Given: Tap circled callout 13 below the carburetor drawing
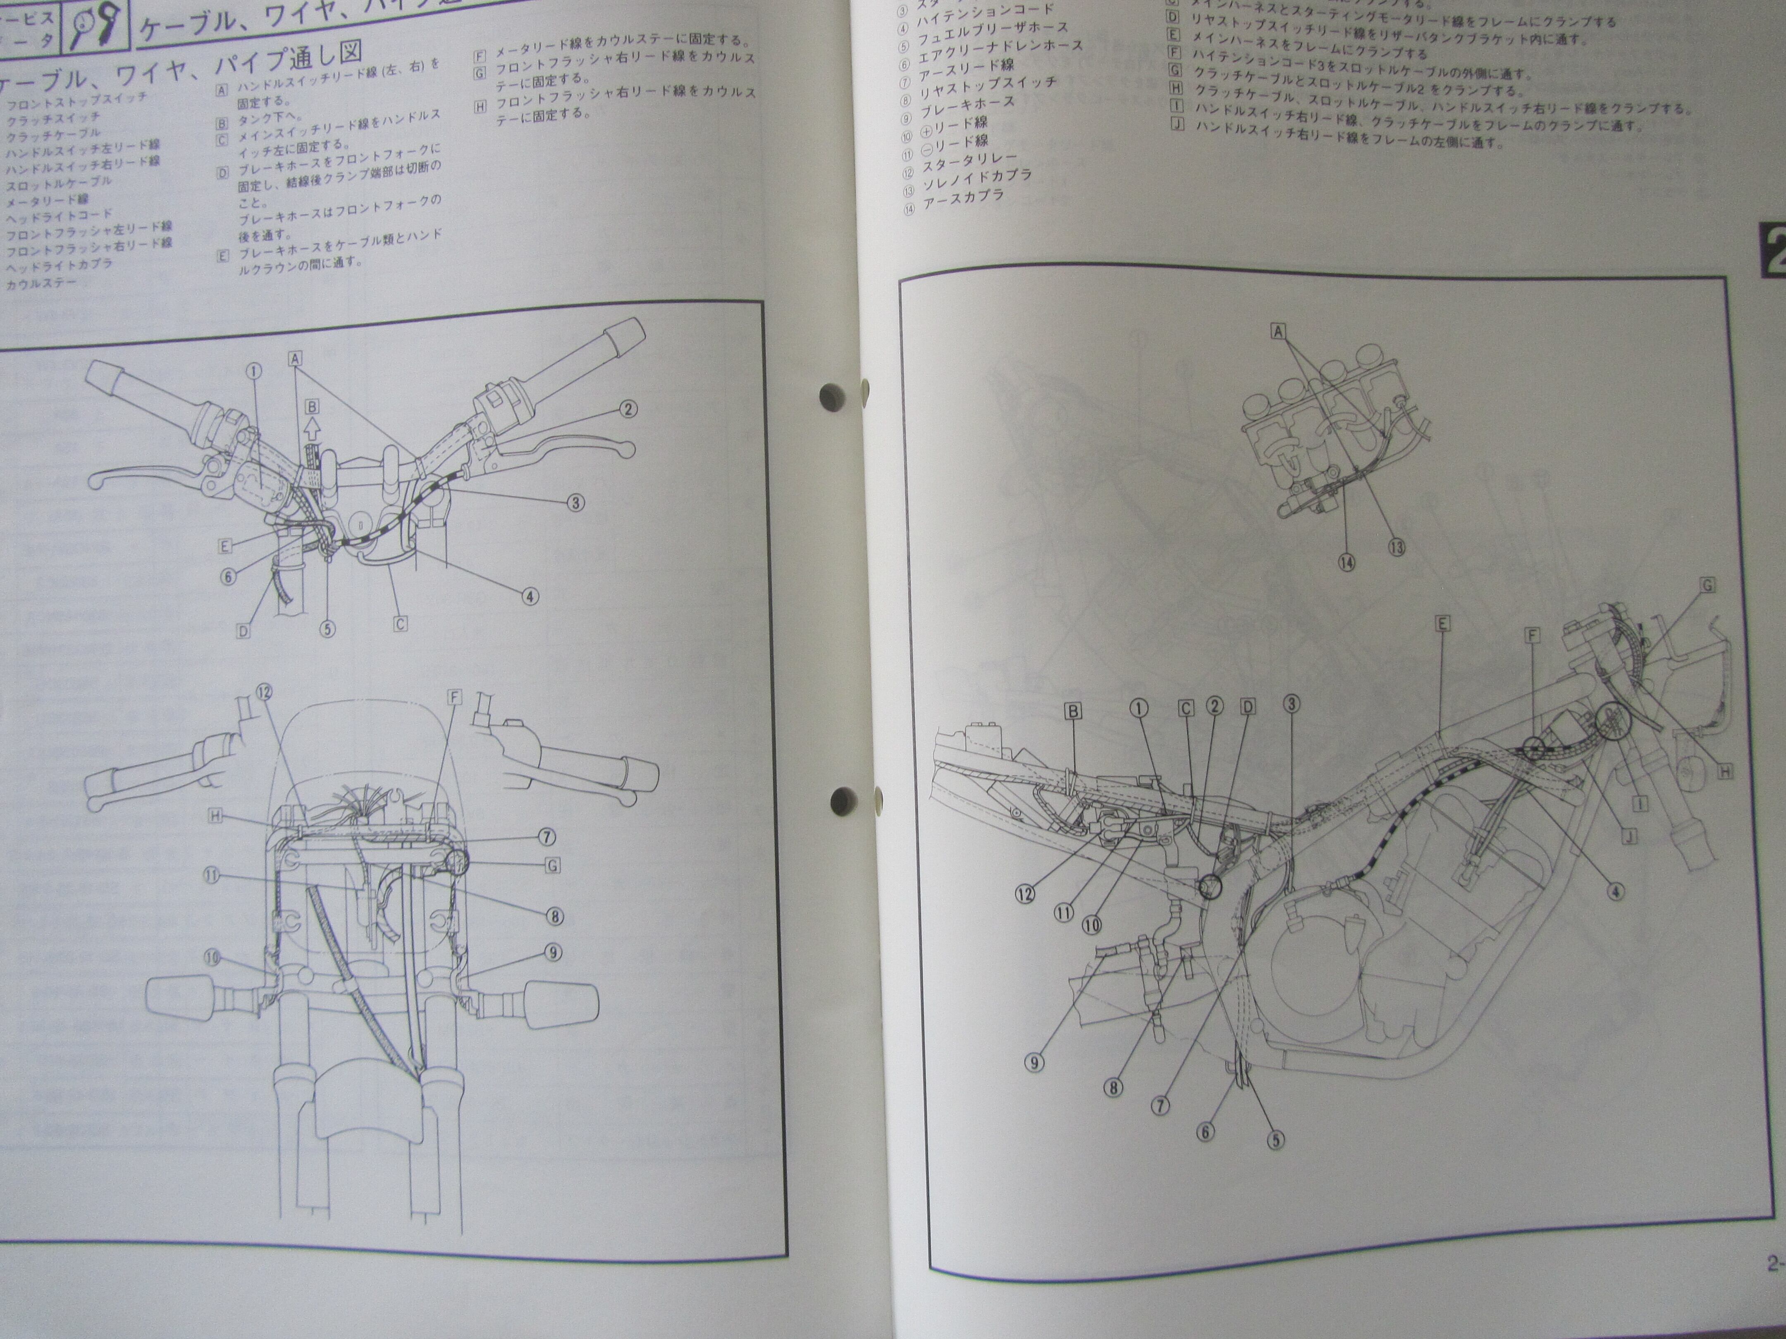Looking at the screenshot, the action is pos(1396,547).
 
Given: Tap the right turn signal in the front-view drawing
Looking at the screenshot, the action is pos(562,1005).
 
